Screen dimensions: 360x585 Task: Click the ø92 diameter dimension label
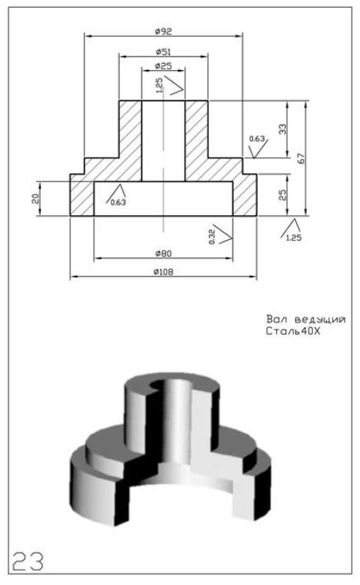[x=163, y=32]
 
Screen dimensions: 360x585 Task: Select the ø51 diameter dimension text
[x=163, y=52]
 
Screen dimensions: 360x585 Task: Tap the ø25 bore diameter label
[x=163, y=66]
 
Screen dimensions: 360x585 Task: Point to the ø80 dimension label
[x=163, y=254]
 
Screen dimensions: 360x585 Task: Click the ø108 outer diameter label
[x=163, y=272]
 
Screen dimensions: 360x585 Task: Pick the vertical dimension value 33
[x=283, y=129]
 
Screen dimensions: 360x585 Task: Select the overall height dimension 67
[x=302, y=158]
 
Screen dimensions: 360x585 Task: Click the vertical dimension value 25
[x=283, y=194]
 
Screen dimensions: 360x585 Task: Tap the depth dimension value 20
[x=35, y=198]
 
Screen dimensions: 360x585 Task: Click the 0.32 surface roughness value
[x=212, y=237]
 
